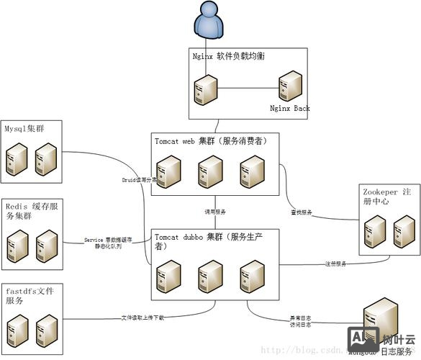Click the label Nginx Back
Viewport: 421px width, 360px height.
coord(290,109)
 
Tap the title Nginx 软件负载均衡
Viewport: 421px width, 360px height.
coord(230,56)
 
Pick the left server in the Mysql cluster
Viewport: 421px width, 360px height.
coord(17,158)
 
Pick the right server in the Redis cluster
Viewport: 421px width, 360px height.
coord(47,246)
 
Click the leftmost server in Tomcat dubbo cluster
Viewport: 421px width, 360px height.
coord(168,275)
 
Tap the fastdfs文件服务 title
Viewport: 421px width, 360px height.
coord(33,294)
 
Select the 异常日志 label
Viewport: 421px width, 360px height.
coord(301,318)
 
